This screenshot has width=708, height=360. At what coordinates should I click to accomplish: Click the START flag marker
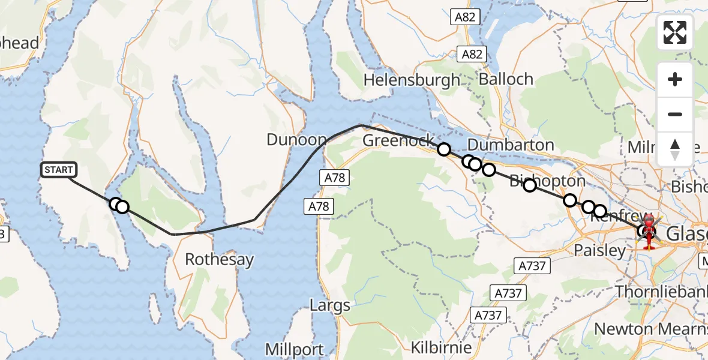(58, 170)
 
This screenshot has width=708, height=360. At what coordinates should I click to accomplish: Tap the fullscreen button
(675, 32)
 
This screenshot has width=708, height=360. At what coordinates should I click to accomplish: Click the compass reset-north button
(675, 149)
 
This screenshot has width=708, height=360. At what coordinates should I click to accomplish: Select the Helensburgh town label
(412, 80)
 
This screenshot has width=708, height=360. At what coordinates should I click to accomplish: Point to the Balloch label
(506, 79)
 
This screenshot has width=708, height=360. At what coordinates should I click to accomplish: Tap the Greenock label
(398, 140)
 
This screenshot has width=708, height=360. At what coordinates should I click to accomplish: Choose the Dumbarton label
(510, 145)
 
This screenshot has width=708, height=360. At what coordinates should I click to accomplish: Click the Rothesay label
(219, 260)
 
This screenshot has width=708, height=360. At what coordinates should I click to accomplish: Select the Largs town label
(329, 305)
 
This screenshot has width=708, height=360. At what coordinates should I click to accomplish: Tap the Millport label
(294, 349)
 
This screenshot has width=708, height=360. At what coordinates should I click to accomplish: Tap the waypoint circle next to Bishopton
(529, 185)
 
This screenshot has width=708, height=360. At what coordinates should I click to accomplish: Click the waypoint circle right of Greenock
(443, 149)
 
